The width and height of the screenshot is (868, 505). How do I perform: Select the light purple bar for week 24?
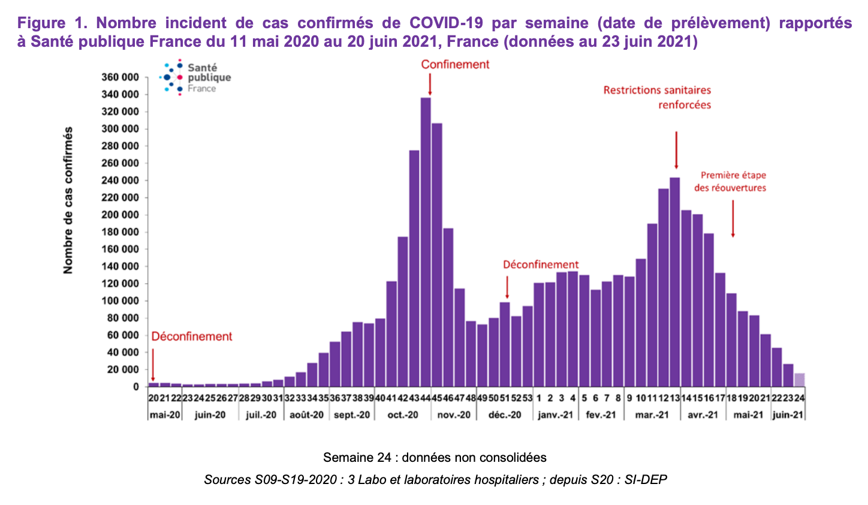(799, 380)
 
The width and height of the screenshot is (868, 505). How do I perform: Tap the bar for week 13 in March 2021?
(675, 282)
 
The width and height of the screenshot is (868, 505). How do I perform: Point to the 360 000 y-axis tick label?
(120, 77)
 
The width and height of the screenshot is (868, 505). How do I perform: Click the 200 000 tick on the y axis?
(120, 215)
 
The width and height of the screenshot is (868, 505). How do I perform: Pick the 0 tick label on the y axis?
(136, 387)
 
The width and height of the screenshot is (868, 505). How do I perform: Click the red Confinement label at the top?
(455, 64)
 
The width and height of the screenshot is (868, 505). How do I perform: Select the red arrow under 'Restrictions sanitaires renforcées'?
(676, 150)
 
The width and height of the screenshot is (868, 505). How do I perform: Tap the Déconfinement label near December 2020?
(540, 264)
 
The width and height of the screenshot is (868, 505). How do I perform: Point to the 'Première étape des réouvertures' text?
(730, 181)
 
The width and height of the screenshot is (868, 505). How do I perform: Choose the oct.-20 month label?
(403, 414)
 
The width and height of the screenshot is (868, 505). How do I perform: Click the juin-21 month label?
(788, 414)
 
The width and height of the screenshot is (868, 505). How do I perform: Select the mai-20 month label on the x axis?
(164, 414)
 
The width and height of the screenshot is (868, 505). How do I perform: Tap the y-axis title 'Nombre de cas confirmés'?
(68, 200)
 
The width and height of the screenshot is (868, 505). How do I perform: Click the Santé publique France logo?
(195, 78)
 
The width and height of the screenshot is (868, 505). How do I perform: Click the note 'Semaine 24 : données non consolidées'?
(435, 458)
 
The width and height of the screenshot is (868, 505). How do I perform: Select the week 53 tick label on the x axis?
(527, 398)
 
